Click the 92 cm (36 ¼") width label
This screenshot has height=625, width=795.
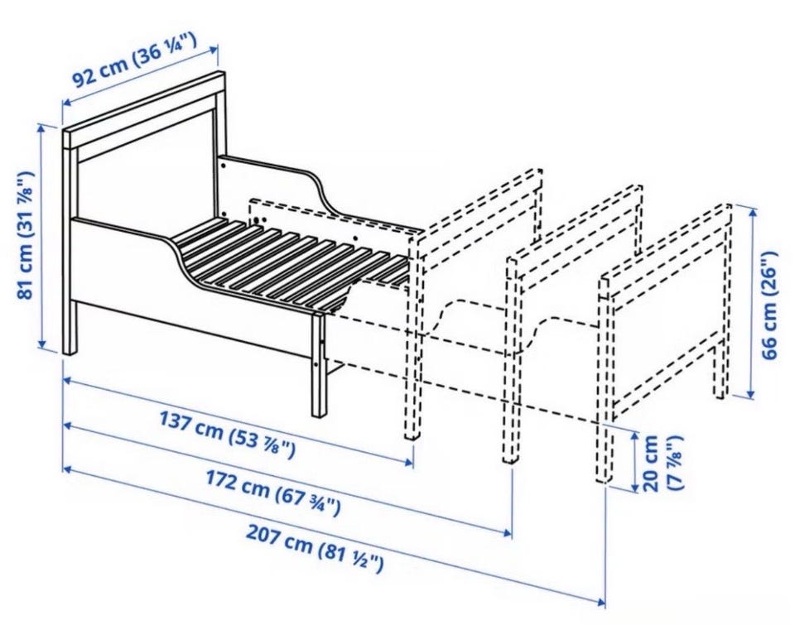coord(133,60)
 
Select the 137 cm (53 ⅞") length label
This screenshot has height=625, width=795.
coord(227,434)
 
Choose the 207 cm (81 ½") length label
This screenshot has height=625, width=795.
coord(314,549)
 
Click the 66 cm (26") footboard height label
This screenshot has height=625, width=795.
coord(770,305)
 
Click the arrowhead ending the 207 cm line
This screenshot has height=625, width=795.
coord(600,603)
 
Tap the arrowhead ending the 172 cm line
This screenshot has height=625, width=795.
coord(507,532)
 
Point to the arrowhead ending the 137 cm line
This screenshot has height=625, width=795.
coord(410,461)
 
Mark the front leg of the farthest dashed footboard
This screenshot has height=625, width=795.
coord(604,379)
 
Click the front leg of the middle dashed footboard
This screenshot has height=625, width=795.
coord(512,360)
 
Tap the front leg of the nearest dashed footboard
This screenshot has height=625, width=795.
coord(412,338)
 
